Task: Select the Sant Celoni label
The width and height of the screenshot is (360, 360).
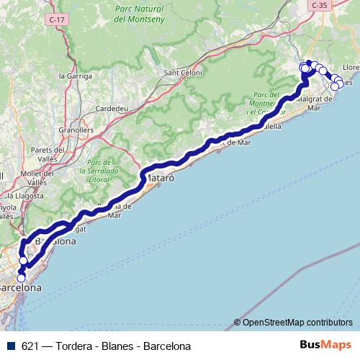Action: (181, 72)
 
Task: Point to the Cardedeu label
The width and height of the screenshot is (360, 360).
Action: (111, 109)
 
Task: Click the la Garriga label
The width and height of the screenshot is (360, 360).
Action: (73, 75)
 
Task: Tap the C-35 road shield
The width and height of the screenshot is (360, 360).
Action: (320, 5)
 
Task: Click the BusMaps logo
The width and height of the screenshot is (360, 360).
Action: (325, 346)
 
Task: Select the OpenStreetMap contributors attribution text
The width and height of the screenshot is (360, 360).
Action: (297, 322)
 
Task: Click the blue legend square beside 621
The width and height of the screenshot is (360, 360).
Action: (11, 346)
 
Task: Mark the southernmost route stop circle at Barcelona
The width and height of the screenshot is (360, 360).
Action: (21, 278)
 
